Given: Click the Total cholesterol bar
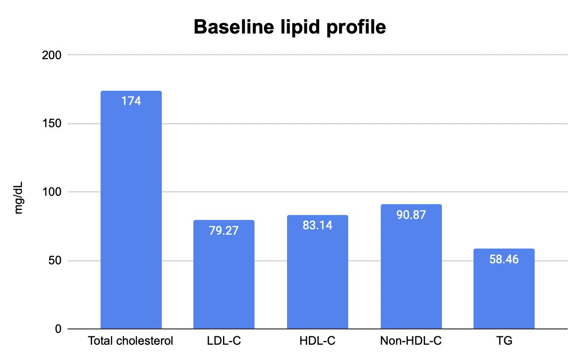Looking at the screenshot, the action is [131, 210].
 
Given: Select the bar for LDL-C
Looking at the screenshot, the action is [224, 275].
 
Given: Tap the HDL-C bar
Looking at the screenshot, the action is [318, 272].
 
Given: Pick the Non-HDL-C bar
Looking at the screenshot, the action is [411, 267].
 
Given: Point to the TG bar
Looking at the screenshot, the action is [504, 289].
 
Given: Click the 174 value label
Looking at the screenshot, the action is [131, 101].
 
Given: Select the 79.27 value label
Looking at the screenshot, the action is [224, 231].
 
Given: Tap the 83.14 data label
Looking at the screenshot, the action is [318, 225].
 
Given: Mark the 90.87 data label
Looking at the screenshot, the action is [411, 215].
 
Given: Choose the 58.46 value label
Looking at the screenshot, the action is [504, 259].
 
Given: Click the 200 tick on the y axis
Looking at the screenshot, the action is [52, 55].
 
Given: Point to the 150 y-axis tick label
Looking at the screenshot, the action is [52, 123].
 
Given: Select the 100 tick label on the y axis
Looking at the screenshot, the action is [52, 192].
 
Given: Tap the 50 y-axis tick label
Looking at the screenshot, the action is [55, 260].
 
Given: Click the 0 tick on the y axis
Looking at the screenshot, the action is [58, 329].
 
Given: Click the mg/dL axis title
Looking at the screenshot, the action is [18, 198].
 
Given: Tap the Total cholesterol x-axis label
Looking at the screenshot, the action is [131, 341].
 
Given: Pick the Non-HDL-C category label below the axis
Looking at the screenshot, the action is [411, 341].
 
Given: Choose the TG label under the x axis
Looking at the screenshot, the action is [504, 341].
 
